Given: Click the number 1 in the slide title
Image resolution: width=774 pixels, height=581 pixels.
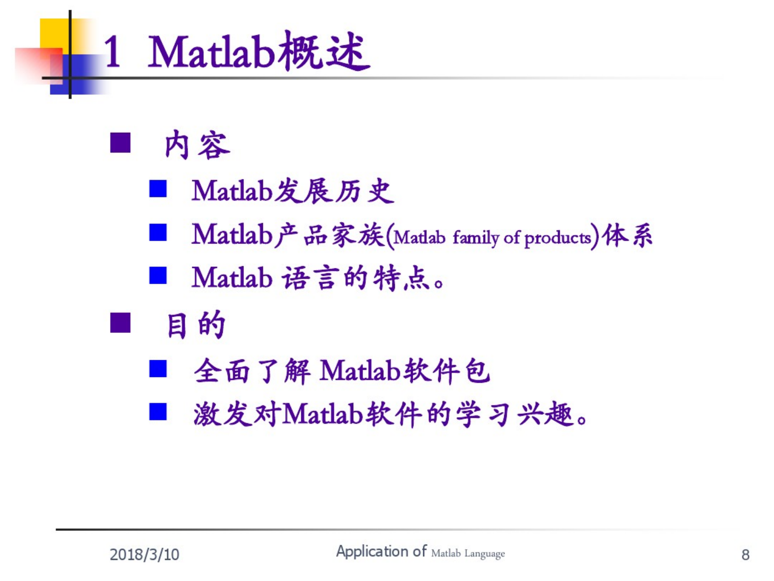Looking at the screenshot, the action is click(x=113, y=52).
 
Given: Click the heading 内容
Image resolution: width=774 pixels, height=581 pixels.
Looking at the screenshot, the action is click(x=197, y=144).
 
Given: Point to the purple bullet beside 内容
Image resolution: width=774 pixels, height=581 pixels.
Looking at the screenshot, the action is click(x=120, y=142).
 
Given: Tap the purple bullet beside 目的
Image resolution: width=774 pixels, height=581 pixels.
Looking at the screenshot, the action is click(x=120, y=322).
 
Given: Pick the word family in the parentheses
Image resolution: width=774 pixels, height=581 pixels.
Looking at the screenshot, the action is click(x=475, y=237).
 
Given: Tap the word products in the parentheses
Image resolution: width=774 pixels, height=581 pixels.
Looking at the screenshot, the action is click(x=557, y=238).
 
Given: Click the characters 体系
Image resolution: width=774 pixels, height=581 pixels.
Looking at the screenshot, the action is click(x=627, y=235).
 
